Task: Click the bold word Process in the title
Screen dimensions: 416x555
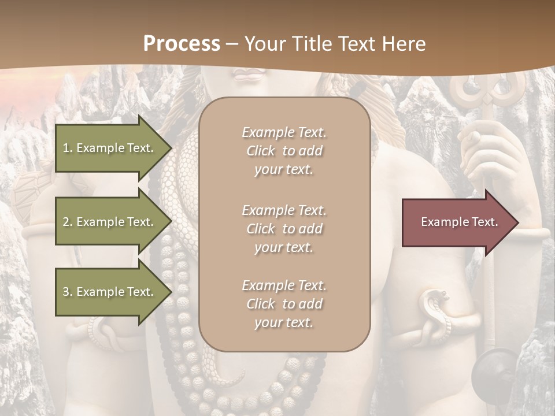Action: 182,43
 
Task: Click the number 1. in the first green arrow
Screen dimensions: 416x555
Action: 68,148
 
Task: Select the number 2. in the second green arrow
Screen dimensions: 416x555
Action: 68,222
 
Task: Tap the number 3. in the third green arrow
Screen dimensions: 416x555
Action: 68,292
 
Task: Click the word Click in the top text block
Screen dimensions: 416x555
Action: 261,151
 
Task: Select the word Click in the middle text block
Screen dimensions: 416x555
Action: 261,229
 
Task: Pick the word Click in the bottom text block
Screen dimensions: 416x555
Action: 261,304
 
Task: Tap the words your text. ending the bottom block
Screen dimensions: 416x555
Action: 284,323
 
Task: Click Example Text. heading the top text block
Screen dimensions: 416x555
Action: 284,132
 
